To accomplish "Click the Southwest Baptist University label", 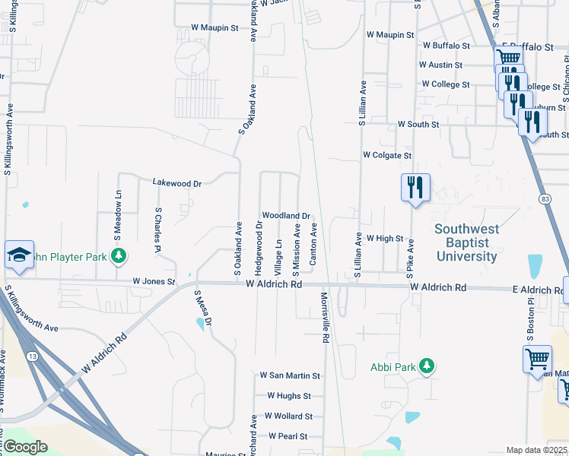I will pos(467,242).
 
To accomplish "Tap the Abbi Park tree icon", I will pos(427,367).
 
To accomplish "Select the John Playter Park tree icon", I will pos(118,257).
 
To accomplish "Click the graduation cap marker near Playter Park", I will pos(19,255).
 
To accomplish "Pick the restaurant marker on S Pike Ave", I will pos(415,187).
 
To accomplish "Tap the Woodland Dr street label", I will pos(286,216).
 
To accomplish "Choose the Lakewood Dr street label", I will pos(176,183).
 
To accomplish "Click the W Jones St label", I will pos(154,281).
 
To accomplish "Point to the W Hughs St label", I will pos(289,396).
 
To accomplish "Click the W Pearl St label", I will pos(288,436).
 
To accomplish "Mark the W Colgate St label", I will pos(387,155).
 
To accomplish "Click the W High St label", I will pos(384,238).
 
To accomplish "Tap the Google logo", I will pos(25,447).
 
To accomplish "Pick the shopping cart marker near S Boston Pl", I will pos(537,359).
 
